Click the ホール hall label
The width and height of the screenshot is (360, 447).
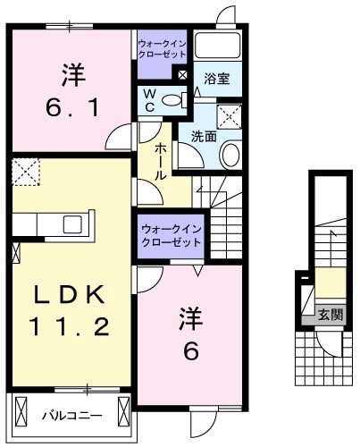161,161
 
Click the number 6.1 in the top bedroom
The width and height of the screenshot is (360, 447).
74,108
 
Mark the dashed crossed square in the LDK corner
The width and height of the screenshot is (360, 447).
28,171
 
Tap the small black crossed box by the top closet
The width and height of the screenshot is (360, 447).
181,75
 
